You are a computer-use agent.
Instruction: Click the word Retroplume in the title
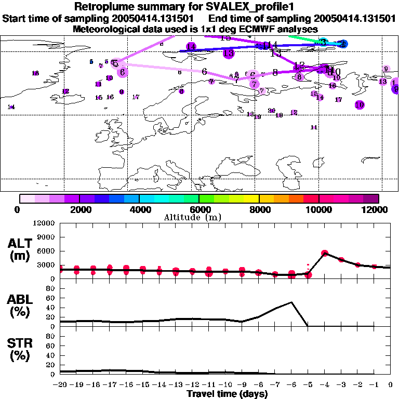point(101,7)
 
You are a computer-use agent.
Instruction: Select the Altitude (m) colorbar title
point(199,217)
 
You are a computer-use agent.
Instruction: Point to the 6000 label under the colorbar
point(199,209)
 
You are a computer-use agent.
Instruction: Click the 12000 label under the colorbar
point(378,209)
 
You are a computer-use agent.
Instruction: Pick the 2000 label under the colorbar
point(79,209)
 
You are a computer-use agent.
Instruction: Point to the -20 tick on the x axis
point(60,384)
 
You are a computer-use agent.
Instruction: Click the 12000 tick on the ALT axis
point(44,223)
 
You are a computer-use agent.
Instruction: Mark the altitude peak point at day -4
point(325,253)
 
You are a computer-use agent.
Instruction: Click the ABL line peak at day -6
point(291,302)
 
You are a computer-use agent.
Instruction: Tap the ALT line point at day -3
point(341,259)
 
